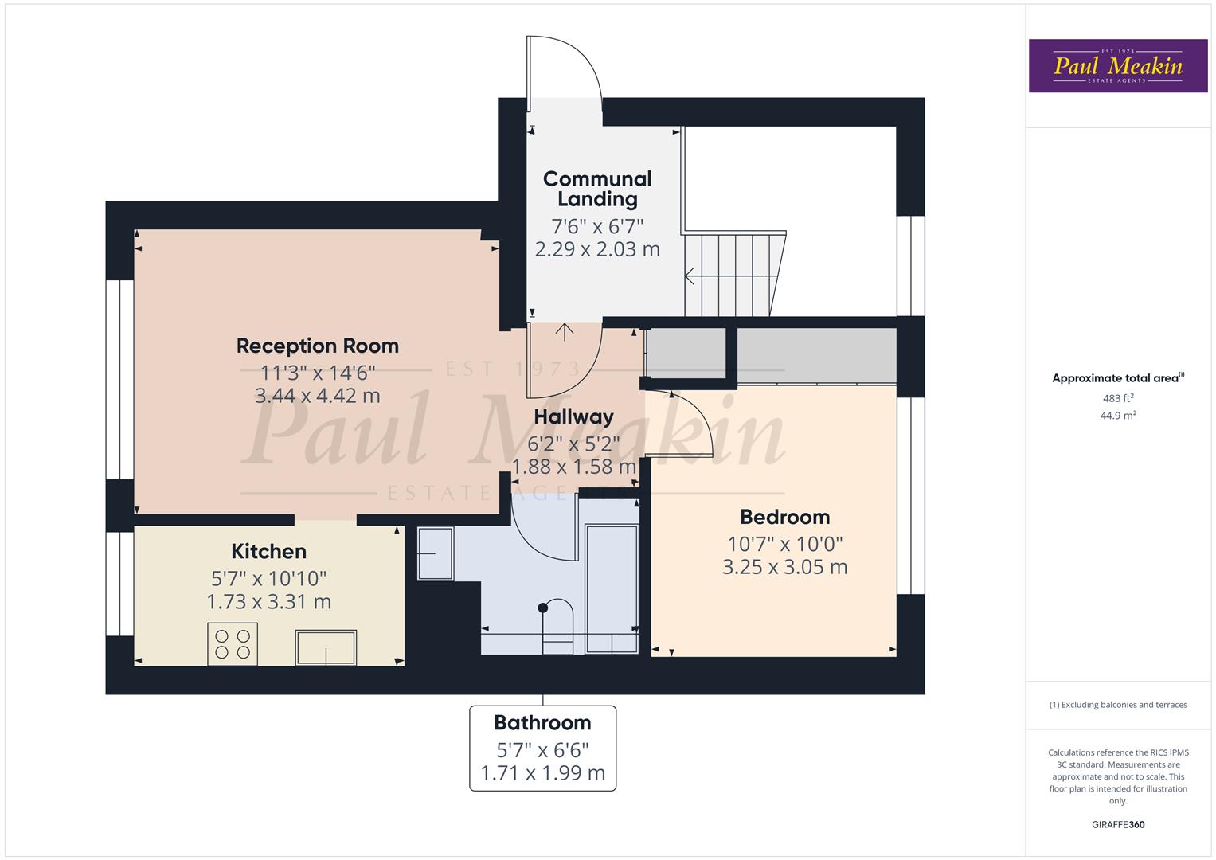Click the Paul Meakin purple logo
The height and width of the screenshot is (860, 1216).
coord(1117,66)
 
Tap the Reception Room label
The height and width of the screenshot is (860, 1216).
coord(317,346)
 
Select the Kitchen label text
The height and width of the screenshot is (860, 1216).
coord(268,551)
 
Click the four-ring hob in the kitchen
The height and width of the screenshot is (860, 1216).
coord(233,643)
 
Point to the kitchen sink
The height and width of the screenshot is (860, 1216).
coord(326,647)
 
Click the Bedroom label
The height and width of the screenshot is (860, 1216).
coord(784,517)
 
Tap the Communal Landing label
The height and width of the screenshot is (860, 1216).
coord(597,189)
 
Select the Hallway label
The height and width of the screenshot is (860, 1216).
coord(573,416)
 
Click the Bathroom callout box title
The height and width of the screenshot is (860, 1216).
coord(542,723)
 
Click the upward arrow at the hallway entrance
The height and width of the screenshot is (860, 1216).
coord(565,332)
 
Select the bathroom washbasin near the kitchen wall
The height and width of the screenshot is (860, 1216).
coord(435,553)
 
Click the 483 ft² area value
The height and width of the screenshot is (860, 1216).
coord(1117,398)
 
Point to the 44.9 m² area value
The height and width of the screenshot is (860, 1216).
coord(1117,415)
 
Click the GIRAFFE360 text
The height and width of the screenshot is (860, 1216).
coord(1117,824)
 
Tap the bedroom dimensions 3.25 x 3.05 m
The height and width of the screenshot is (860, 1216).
coord(784,567)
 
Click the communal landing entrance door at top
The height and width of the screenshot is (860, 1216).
coord(561,68)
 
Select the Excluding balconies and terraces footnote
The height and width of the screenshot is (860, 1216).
coord(1117,705)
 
